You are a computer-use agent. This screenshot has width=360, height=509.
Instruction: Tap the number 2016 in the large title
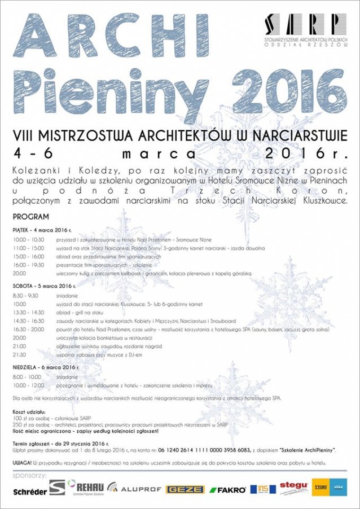click(283, 88)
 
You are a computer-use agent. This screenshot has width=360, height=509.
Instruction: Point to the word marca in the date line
click(159, 153)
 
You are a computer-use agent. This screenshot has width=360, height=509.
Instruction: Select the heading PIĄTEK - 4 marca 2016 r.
click(43, 230)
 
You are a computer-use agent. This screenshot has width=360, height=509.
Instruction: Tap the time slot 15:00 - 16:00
click(28, 256)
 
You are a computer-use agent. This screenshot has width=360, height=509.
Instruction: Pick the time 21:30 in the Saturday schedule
click(19, 354)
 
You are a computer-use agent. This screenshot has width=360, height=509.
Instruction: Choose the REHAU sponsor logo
click(85, 487)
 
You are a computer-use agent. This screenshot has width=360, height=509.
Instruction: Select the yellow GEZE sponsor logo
click(185, 489)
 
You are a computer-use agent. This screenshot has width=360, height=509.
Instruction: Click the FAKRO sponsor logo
click(228, 489)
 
